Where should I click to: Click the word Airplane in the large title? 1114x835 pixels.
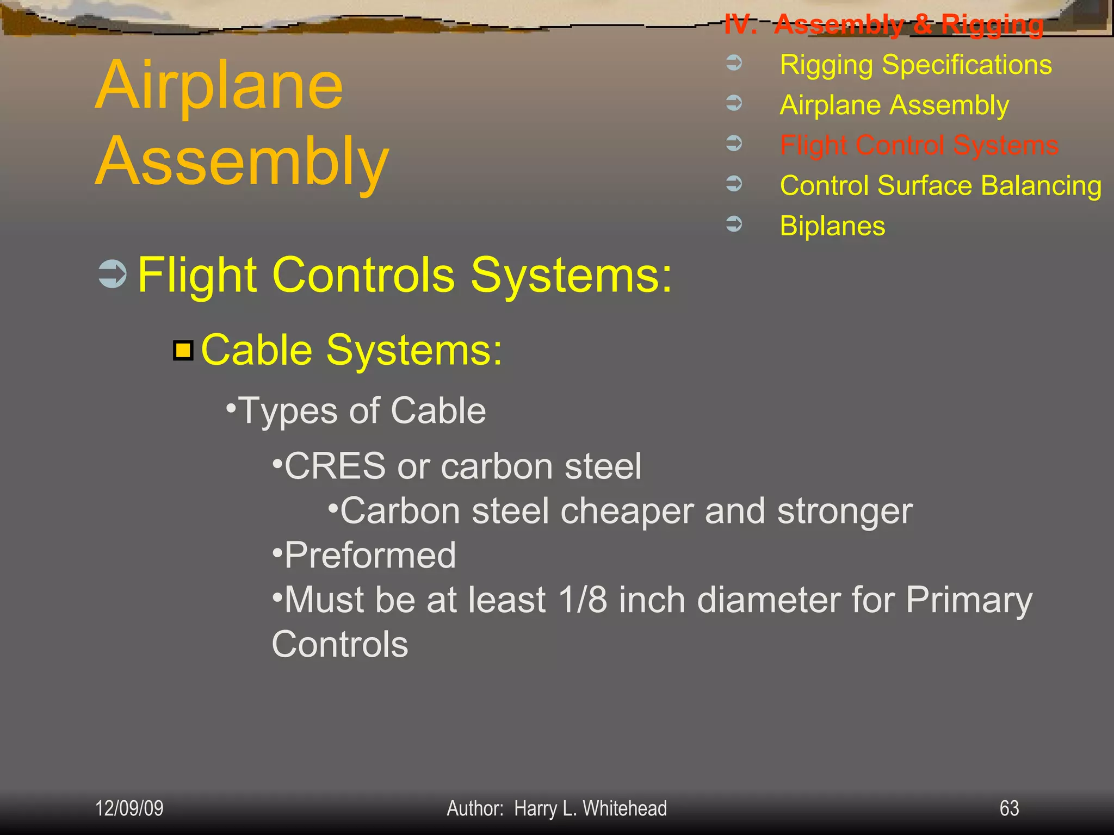pos(219,86)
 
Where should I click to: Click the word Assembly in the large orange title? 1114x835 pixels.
pos(242,162)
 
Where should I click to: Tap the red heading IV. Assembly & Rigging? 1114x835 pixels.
pos(883,24)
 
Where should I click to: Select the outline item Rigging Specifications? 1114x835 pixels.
pos(915,65)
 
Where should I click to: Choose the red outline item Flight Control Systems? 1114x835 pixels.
pos(919,145)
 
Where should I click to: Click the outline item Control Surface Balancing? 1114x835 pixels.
pos(940,186)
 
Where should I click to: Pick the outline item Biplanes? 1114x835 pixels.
pos(832,226)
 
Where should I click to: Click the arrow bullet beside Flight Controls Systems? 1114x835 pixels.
pos(113,273)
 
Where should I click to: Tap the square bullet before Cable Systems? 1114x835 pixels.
pos(183,350)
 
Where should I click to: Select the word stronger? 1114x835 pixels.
pos(844,512)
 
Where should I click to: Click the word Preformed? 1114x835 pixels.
pos(370,556)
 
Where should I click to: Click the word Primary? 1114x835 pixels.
pos(969,601)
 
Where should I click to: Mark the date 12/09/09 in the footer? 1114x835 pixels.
pos(129,808)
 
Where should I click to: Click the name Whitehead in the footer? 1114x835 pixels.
pos(624,808)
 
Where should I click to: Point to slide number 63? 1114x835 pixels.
pos(1009,808)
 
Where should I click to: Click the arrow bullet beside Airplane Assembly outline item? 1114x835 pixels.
pos(734,103)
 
